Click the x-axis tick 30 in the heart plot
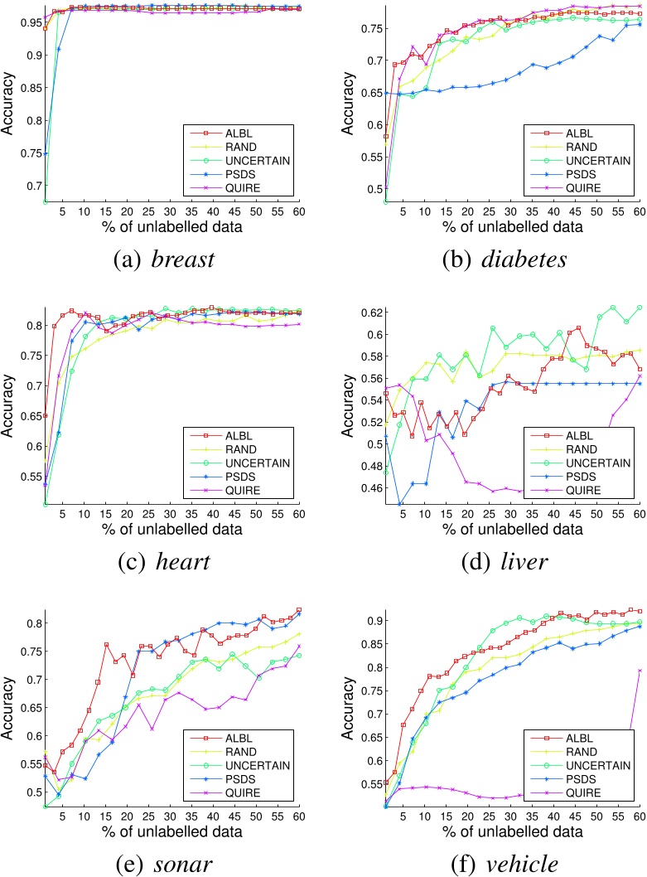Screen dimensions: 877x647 point(170,517)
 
